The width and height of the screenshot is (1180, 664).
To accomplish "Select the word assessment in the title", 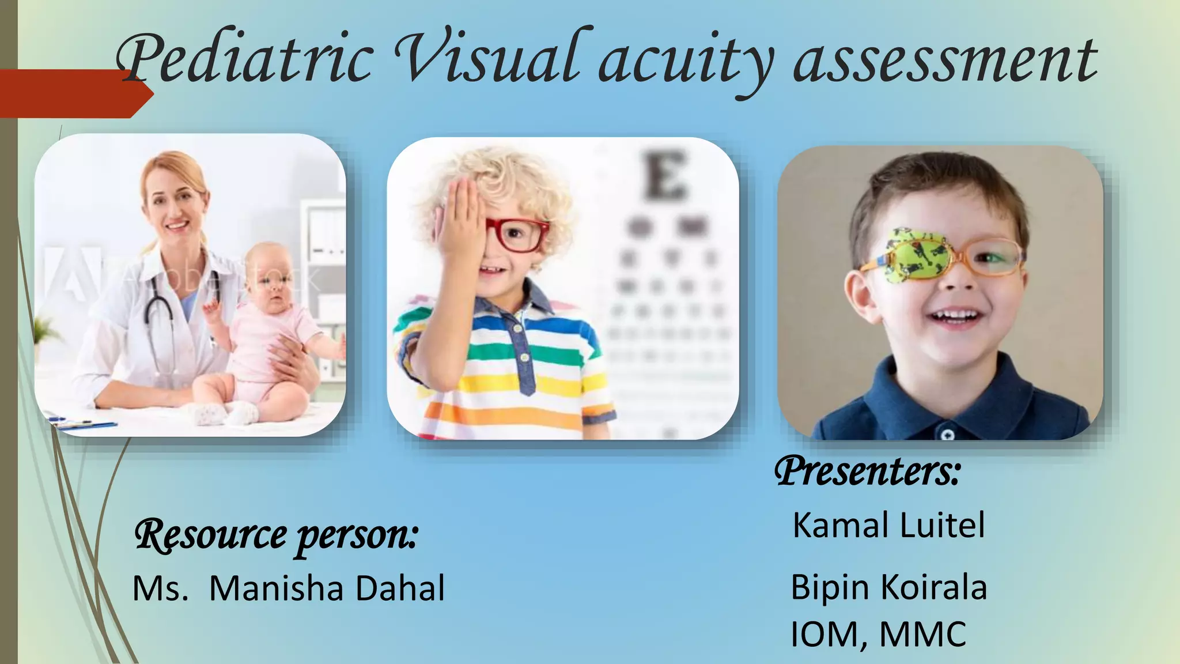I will [x=945, y=61].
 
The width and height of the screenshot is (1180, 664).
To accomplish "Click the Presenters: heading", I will [x=867, y=471].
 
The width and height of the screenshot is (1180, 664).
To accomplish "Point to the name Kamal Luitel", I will [x=888, y=525].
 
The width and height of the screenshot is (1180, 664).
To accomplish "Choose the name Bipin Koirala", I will [x=888, y=587].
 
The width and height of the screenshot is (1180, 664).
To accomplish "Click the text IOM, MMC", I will [x=878, y=635].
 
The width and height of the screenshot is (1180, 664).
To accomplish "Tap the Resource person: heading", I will [x=275, y=535].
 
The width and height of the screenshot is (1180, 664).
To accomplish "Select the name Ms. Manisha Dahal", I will [x=289, y=588].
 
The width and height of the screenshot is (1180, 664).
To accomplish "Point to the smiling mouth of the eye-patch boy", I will [x=956, y=316].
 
